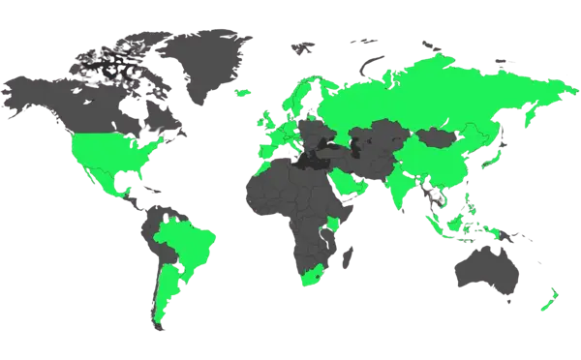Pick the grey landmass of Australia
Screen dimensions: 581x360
pos(484,271)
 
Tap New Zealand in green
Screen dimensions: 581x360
pos(547,300)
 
